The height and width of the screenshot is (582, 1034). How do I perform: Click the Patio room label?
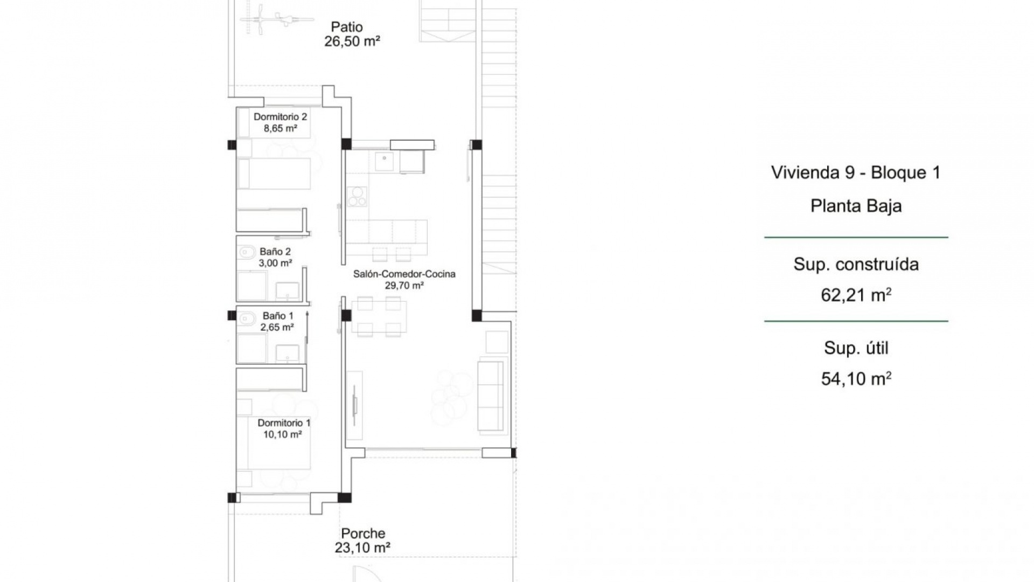347,27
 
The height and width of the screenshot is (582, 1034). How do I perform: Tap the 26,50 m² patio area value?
352,41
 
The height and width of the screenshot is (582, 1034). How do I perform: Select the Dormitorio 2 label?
280,117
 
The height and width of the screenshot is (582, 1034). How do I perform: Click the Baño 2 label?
275,252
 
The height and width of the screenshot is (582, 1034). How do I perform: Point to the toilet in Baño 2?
247,252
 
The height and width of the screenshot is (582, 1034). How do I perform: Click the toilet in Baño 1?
247,319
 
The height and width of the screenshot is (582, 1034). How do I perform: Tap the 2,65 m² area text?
277,328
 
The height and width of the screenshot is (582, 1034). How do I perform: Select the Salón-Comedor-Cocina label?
404,274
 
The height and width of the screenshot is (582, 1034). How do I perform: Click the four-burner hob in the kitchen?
357,197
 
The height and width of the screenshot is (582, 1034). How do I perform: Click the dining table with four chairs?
379,317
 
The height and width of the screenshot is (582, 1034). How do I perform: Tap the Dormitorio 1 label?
284,423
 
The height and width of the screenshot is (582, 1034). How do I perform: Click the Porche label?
363,533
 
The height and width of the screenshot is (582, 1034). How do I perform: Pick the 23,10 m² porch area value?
362,548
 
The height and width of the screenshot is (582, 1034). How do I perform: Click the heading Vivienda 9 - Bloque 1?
855,172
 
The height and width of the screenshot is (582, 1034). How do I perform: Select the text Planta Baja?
856,206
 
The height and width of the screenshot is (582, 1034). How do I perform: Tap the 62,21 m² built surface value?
856,295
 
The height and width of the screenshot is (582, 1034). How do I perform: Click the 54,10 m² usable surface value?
856,379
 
